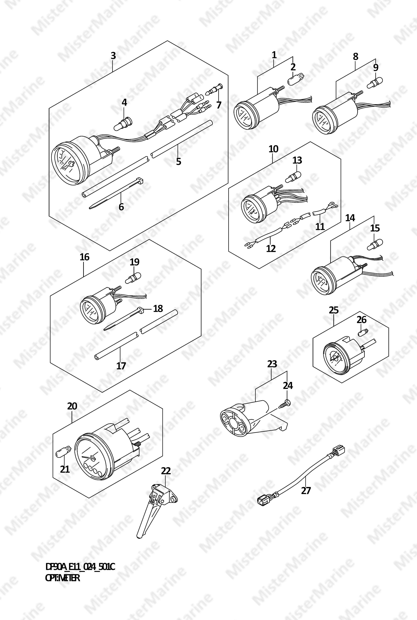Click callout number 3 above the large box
tap(113, 56)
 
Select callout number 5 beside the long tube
tap(178, 161)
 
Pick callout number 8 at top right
tap(356, 57)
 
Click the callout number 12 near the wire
tap(271, 248)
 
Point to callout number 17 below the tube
tap(121, 366)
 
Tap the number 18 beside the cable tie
tap(158, 308)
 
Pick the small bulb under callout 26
tap(362, 332)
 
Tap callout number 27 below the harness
tap(306, 490)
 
